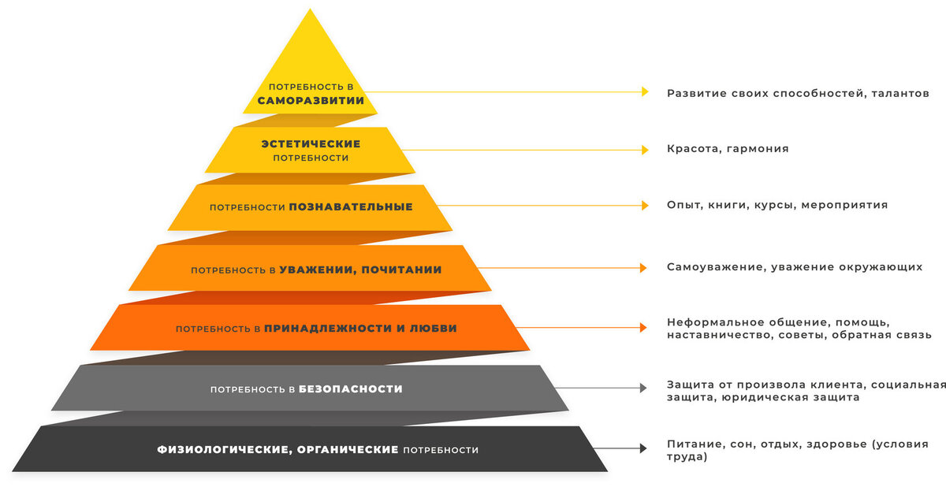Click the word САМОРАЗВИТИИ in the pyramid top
(311, 101)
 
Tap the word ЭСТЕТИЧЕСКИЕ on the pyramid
(311, 144)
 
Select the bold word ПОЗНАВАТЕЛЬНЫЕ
(351, 207)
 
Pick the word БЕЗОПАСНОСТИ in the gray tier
(351, 389)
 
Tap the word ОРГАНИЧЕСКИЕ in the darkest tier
(349, 450)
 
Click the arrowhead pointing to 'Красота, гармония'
(644, 149)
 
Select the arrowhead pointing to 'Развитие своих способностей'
(644, 91)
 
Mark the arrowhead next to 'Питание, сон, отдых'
(643, 448)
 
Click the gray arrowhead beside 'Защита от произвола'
(643, 388)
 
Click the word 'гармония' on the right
(758, 149)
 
